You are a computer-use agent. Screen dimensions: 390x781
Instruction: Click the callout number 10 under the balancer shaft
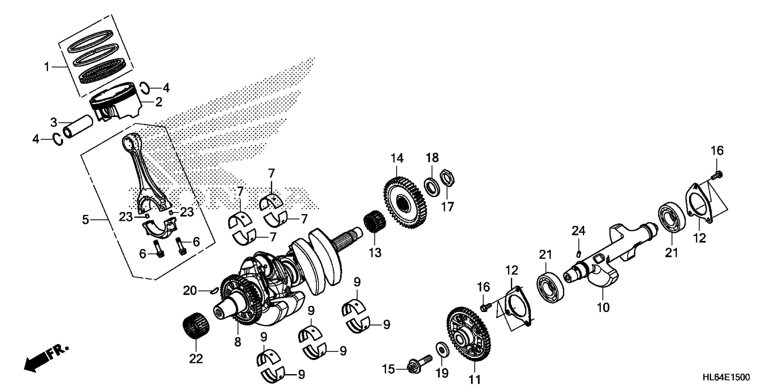click(603, 307)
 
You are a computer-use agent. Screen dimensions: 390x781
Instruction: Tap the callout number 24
click(578, 231)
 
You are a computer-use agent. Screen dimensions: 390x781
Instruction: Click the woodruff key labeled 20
click(214, 291)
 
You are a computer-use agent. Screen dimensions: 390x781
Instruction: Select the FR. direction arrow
click(45, 360)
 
